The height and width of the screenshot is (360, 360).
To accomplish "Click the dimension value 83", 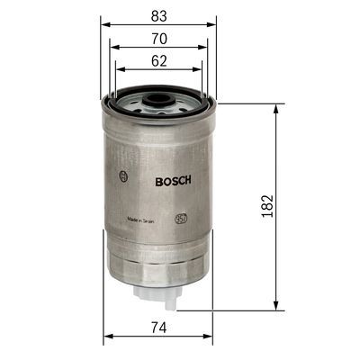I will click(158, 14).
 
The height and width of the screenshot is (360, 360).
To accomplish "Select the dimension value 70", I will click(158, 40).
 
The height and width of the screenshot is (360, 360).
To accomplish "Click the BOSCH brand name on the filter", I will click(174, 180).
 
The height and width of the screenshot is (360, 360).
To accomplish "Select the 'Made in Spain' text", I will click(145, 219).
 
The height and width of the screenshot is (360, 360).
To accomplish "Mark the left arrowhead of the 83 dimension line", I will click(103, 25).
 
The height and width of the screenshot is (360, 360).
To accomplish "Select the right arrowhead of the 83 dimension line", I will click(215, 25).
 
